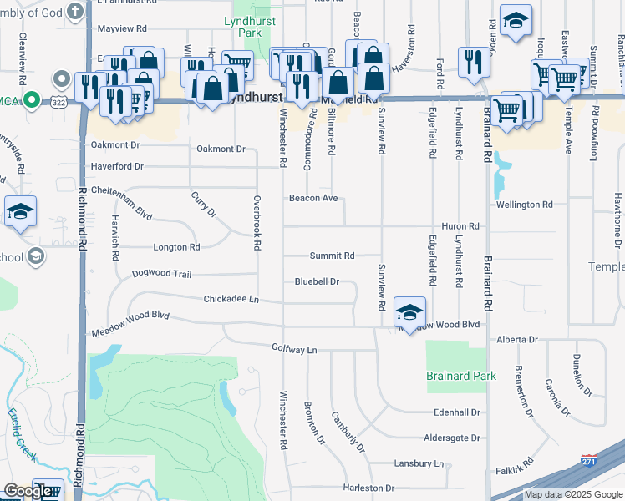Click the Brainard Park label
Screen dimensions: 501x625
point(461,377)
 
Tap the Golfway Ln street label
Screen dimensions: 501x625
point(294,348)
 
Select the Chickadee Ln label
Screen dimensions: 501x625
point(231,299)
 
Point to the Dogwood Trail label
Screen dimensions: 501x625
point(161,274)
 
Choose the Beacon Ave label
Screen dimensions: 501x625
point(313,199)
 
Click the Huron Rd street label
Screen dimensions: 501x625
point(460,226)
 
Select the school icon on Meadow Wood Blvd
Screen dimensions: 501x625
point(409,311)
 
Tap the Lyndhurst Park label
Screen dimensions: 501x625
point(243,26)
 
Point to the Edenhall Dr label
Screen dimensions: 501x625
point(458,412)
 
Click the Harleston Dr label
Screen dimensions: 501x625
point(368,488)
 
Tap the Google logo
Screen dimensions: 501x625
point(28,492)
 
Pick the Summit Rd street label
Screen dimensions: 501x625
point(333,256)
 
